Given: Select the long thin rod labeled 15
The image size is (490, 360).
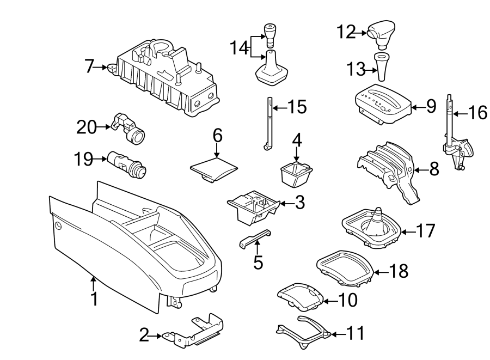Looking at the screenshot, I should (x=268, y=123).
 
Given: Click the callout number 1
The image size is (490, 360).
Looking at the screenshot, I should (x=94, y=298).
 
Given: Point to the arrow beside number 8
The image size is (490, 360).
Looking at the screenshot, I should (x=418, y=170).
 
